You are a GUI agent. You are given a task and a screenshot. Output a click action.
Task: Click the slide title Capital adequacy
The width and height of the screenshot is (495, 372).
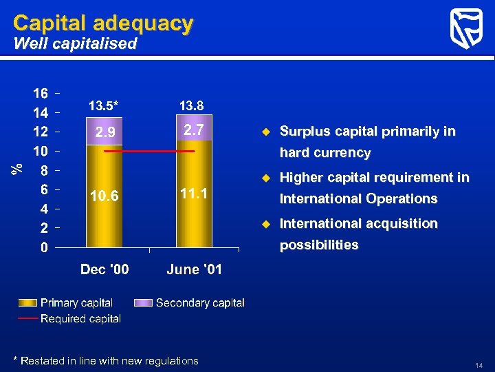102,23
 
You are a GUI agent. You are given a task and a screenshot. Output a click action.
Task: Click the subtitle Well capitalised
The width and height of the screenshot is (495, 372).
75,45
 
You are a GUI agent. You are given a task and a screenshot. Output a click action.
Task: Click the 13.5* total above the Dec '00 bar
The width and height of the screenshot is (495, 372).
103,106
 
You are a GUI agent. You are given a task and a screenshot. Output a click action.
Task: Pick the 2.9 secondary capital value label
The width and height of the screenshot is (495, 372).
104,132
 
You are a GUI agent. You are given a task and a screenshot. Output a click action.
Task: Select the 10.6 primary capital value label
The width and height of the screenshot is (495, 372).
104,197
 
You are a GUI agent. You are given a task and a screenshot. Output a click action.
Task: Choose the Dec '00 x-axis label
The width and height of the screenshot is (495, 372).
104,269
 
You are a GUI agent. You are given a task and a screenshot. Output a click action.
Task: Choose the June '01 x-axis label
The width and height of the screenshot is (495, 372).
195,269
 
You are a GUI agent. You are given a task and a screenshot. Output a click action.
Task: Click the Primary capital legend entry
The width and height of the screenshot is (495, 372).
76,303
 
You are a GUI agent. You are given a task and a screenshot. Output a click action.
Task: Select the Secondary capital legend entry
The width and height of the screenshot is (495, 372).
199,303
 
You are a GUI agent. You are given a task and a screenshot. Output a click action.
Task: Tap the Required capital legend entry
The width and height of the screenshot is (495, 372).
80,318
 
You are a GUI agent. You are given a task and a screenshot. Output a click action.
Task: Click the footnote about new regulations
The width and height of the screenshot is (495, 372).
106,361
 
